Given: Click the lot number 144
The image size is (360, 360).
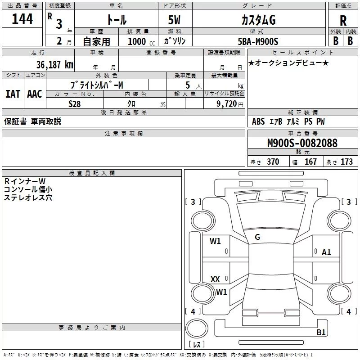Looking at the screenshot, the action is tap(22, 19).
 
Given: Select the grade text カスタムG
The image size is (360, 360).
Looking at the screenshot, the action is tap(258, 20).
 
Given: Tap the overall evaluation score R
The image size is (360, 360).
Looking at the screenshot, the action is tap(343, 21).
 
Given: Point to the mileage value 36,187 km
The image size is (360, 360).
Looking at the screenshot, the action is tap(54, 65).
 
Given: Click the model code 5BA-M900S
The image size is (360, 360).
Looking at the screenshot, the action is tap(258, 41).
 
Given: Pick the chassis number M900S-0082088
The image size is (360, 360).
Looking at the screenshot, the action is tap(302, 143).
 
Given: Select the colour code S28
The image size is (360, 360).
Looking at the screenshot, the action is tap(75, 104).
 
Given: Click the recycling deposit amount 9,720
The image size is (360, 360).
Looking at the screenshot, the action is tap(227, 104).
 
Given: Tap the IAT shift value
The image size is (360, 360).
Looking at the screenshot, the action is tap(13, 94).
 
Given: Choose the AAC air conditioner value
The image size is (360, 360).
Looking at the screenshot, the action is tap(35, 94).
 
